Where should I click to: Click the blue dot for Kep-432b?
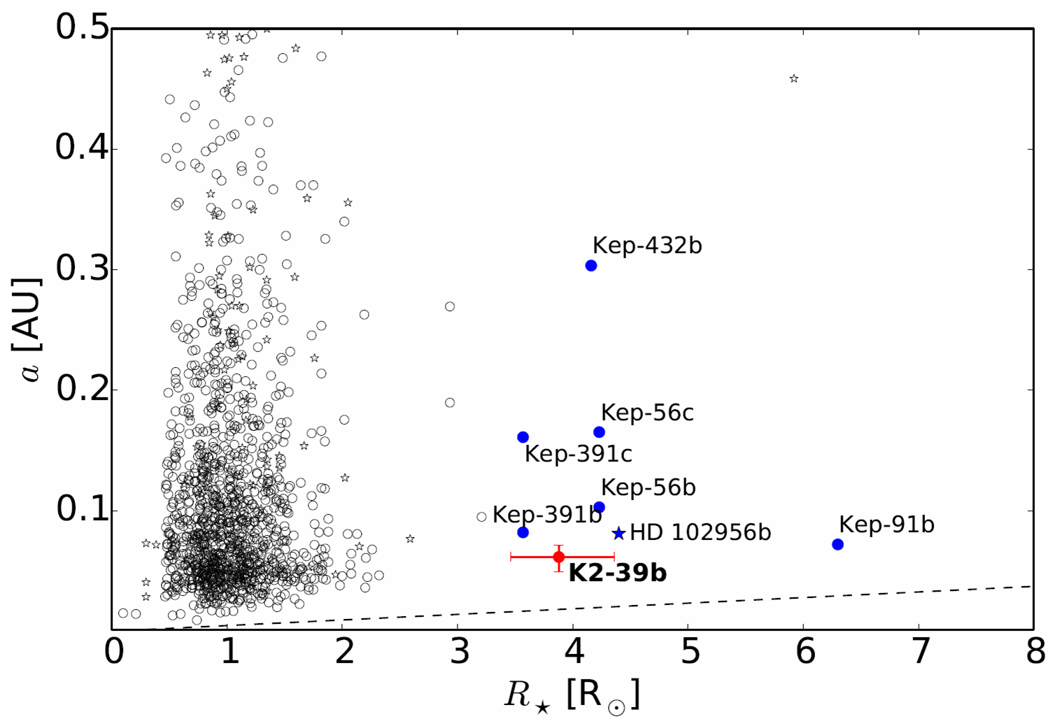591,266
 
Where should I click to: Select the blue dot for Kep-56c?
599,432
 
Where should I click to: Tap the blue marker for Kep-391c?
523,437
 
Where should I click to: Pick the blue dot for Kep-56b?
599,507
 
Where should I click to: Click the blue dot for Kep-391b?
523,532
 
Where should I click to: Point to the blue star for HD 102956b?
618,534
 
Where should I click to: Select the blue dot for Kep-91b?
837,544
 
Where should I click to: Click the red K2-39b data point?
558,557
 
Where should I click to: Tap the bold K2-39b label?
617,573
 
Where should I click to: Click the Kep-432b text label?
646,245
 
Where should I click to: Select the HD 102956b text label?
700,532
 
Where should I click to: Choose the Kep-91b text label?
886,524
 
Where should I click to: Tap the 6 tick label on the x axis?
805,652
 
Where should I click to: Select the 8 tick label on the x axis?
1035,652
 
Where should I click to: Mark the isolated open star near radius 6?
793,79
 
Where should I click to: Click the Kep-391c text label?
578,454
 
